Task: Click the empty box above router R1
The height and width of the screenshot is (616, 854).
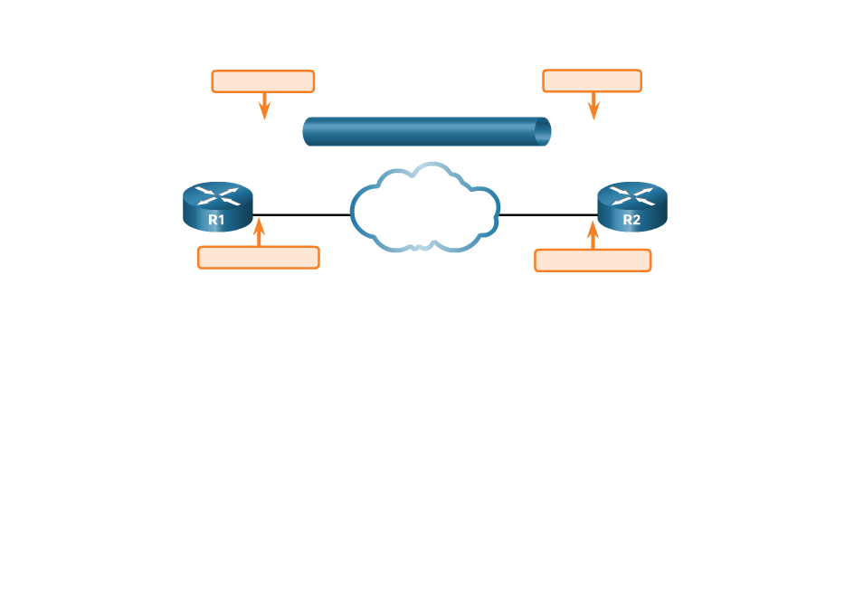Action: pos(262,81)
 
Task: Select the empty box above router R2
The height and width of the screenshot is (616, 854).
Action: pos(592,81)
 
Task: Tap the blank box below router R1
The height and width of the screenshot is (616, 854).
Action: pos(259,258)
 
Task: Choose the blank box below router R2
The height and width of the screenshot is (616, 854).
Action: pos(593,261)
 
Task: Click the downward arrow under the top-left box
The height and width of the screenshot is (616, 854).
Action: pos(264,106)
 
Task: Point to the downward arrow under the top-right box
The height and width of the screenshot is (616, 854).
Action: pos(593,106)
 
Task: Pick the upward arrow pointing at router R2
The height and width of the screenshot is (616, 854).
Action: pos(593,234)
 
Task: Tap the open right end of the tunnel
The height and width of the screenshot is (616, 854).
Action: pos(542,132)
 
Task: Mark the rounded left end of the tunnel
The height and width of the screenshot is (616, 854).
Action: pos(307,132)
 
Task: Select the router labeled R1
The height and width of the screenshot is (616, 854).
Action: pos(217,207)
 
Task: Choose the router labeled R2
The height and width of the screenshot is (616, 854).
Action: pos(631,207)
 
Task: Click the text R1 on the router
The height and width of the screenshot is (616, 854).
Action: pos(216,220)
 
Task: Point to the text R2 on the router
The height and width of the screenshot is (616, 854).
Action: pos(631,220)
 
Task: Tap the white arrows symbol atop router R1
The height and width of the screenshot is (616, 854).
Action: pos(217,195)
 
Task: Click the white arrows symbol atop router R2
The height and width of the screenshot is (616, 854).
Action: pos(631,195)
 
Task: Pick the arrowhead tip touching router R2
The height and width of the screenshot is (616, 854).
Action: pos(593,221)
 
